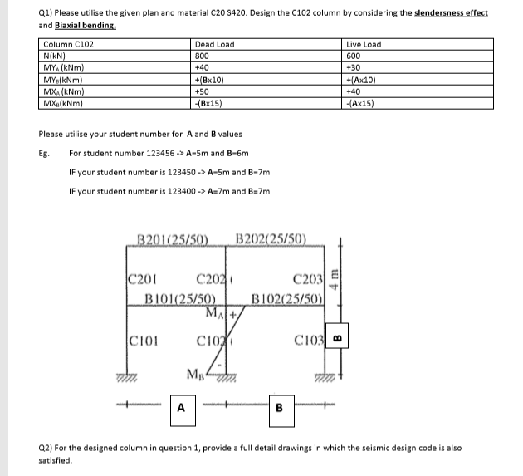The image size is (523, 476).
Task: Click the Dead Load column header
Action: click(213, 44)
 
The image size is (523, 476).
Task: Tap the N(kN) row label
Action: click(54, 54)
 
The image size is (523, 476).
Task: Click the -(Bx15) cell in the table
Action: click(208, 104)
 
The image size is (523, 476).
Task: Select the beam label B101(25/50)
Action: click(181, 300)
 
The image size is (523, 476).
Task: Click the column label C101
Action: click(147, 339)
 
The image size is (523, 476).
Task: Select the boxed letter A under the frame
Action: click(180, 407)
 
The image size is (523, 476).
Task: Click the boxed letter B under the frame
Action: click(279, 407)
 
